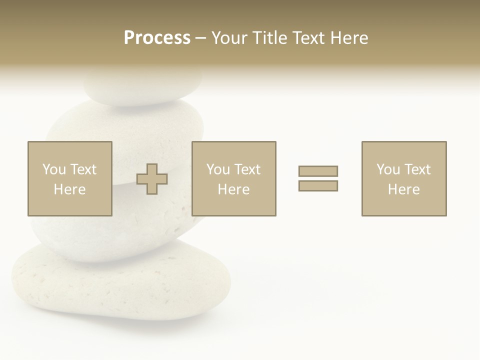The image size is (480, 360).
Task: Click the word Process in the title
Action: (x=157, y=38)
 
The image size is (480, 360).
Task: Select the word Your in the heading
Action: (x=229, y=38)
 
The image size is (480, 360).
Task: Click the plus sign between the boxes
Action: (x=152, y=179)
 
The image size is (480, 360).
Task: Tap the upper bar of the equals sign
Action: (x=318, y=171)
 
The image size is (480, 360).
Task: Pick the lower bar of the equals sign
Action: (x=318, y=186)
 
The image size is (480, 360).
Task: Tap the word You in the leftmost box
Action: (x=53, y=169)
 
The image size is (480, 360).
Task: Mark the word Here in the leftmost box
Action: (x=69, y=189)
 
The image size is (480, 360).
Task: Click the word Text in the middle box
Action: (x=247, y=169)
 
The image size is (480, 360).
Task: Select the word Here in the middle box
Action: (x=233, y=189)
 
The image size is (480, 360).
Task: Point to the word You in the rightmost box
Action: (x=387, y=169)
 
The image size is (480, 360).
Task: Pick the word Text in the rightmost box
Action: (x=417, y=169)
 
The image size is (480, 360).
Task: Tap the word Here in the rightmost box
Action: (x=403, y=189)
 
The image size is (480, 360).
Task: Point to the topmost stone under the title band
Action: (x=142, y=90)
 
